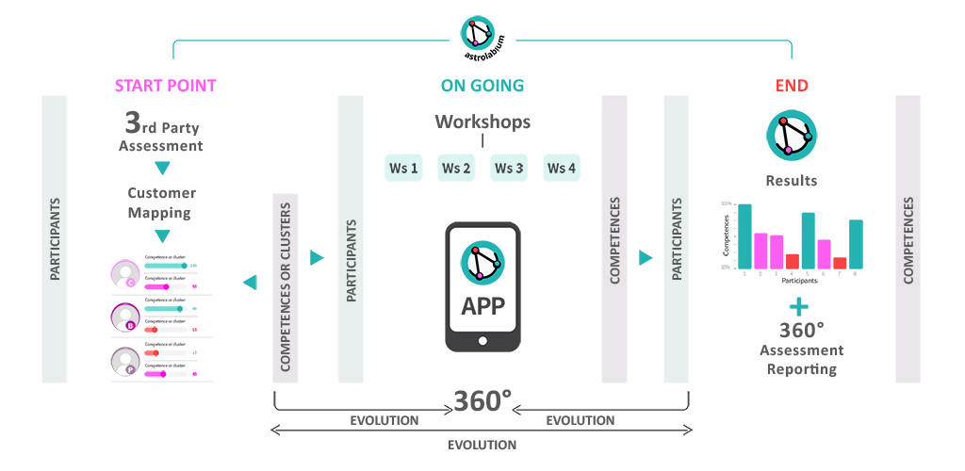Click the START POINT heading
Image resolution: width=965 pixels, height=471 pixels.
tap(166, 86)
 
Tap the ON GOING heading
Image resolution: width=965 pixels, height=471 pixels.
tap(482, 86)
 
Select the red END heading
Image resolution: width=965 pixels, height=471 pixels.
tap(792, 86)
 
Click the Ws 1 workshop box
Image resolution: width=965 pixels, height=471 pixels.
tap(403, 169)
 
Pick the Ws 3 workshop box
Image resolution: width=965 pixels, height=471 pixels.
tap(509, 169)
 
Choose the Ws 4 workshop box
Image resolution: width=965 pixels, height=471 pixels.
tap(562, 169)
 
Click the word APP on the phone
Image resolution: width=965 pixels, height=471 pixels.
tap(482, 306)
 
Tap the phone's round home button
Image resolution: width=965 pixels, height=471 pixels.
tap(482, 340)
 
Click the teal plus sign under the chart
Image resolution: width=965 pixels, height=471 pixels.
tap(799, 306)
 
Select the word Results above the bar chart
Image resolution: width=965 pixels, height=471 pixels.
tap(791, 180)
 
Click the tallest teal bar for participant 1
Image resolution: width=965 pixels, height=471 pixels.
tap(744, 235)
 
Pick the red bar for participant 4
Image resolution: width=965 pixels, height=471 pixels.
tap(793, 261)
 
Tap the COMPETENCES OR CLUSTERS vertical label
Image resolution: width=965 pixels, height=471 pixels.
tap(286, 288)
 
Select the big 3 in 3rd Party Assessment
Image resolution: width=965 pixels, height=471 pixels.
tap(135, 123)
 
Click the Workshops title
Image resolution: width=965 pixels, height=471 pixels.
tap(482, 122)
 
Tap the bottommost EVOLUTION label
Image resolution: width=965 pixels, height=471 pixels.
tap(482, 445)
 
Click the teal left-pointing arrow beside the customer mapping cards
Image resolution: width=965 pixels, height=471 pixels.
tap(249, 282)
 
